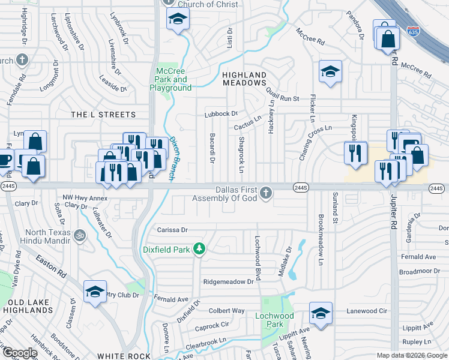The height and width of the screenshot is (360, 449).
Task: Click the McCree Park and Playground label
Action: [170, 79]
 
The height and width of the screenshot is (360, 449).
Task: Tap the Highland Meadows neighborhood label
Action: [244, 79]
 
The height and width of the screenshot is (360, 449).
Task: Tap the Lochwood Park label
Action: [274, 320]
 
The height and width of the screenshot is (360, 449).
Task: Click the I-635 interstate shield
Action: [412, 31]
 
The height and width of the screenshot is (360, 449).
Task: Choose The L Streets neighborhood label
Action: [103, 114]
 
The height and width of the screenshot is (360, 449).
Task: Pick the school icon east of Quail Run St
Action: [330, 72]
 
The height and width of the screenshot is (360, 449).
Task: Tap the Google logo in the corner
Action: [19, 353]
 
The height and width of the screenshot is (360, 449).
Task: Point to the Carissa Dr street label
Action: [172, 230]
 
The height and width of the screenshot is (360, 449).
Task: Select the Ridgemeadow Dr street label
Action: [229, 281]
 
